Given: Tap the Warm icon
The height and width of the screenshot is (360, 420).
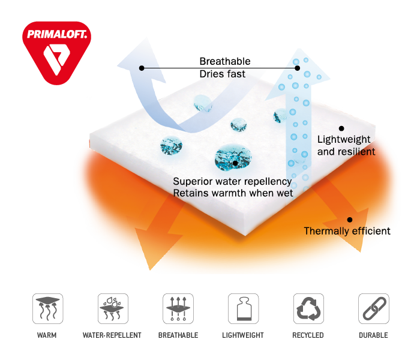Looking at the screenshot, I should pos(47,308).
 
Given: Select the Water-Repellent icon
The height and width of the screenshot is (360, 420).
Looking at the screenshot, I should pos(112,308).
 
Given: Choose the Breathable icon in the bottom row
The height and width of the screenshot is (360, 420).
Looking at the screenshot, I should pos(178,308).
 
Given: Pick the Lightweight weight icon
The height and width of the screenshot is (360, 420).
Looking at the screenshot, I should pos(243,308).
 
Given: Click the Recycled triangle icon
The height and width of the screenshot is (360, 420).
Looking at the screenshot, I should pos(308,308).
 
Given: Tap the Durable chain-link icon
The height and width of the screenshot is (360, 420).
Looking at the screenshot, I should pos(373,308).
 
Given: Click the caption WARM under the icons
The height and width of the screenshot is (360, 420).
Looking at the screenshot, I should pos(47,335).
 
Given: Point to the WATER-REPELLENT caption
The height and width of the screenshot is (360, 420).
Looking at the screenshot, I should pos(112,335).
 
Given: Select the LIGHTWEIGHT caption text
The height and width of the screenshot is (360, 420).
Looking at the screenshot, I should pos(243,335).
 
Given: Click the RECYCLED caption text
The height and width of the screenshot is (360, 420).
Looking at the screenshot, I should pos(308,335).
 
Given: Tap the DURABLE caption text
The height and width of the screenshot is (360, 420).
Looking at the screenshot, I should pos(373,335).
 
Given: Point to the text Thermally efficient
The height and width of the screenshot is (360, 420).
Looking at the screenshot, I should pos(347,231).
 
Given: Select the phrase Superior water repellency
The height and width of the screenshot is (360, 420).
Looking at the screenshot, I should pos(232,181).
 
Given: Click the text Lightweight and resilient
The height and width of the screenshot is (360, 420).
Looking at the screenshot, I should pos(346,146).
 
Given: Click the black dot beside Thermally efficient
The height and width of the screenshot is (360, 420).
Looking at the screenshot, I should pos(350,220).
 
